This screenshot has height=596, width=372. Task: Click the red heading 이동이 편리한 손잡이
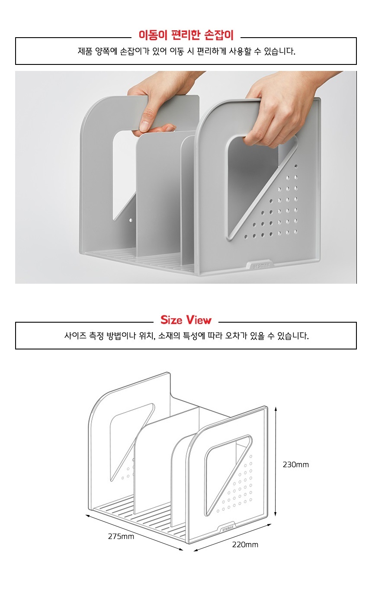(186, 35)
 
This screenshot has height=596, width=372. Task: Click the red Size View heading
(186, 320)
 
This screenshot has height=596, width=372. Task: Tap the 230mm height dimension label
(295, 465)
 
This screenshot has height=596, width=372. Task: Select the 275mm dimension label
(121, 536)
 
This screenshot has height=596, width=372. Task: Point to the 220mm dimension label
(245, 545)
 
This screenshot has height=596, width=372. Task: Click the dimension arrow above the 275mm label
(135, 532)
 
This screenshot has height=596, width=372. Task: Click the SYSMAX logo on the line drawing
(228, 527)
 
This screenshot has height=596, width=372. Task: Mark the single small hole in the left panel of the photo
(131, 221)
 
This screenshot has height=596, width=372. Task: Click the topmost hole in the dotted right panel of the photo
(296, 166)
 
